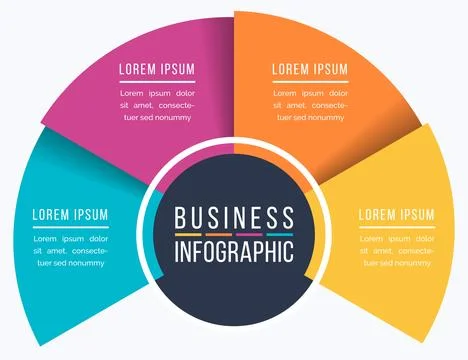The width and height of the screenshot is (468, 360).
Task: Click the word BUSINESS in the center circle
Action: tap(234, 218)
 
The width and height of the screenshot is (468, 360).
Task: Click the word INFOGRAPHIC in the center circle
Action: tap(234, 250)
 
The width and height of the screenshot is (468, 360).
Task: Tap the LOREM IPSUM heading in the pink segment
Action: tap(157, 69)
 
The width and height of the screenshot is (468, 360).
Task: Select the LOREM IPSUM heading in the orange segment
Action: tap(310, 69)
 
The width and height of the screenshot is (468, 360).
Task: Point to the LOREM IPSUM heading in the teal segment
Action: tap(70, 214)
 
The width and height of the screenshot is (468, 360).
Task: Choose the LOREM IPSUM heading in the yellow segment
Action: tap(396, 214)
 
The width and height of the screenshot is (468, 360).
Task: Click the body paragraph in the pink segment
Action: tap(157, 104)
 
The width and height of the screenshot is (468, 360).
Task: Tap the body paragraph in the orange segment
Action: tap(310, 104)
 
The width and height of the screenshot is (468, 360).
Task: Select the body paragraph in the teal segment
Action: tap(70, 250)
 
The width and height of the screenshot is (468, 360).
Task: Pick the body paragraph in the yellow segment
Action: tap(396, 250)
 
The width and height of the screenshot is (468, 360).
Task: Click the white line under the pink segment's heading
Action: tap(157, 80)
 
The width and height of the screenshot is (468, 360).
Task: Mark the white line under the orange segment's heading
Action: tap(310, 80)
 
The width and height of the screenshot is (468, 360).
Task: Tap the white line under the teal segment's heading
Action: tap(70, 226)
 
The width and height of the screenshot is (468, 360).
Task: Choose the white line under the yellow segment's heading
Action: tap(396, 226)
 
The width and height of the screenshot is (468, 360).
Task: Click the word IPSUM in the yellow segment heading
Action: tap(417, 214)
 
